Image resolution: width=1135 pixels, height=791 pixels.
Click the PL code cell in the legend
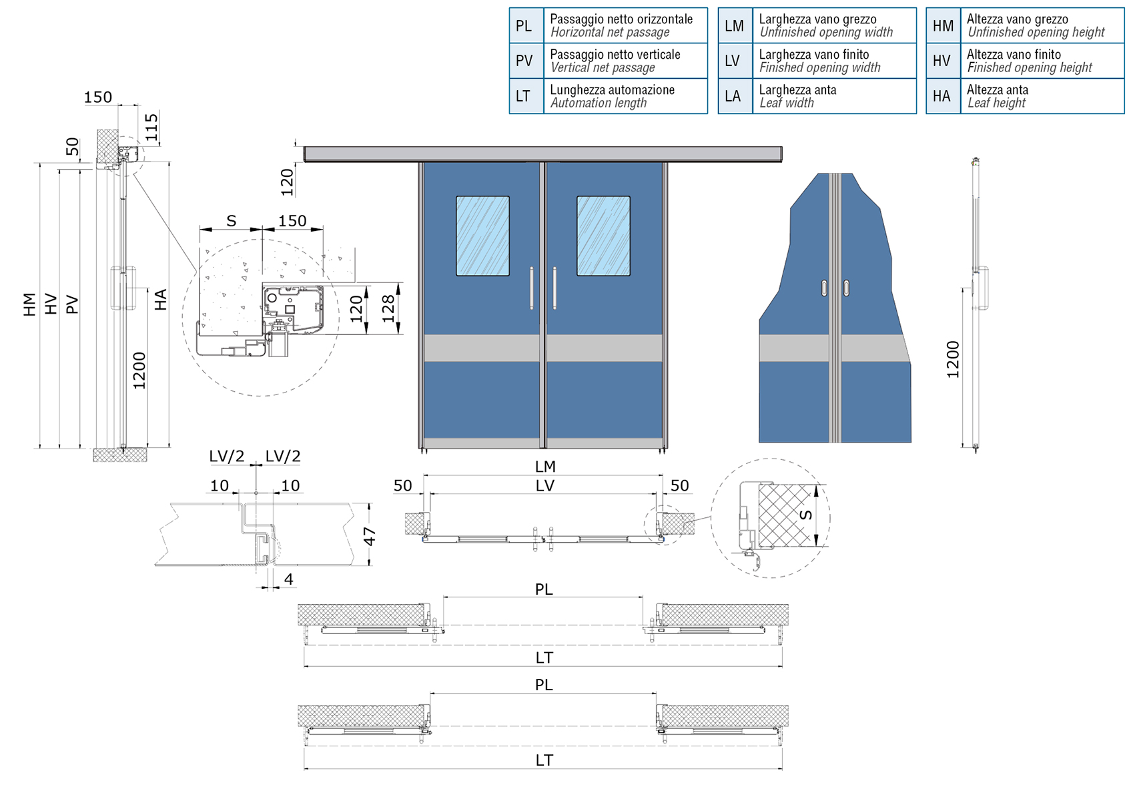tap(526, 25)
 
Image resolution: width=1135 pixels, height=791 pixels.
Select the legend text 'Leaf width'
tap(787, 103)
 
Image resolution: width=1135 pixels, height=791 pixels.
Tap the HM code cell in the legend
tap(943, 25)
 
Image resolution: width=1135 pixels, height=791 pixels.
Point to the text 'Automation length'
tap(599, 103)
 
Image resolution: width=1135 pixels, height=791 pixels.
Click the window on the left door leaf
tap(482, 236)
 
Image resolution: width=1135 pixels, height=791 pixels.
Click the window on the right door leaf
tap(603, 236)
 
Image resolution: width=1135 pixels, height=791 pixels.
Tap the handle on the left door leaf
tap(532, 288)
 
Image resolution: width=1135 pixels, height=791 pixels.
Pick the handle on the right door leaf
tap(555, 288)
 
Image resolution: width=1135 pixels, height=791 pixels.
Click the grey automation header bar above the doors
tap(542, 154)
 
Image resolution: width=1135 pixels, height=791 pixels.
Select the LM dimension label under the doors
tap(545, 467)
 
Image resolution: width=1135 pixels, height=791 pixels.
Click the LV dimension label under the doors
tap(545, 486)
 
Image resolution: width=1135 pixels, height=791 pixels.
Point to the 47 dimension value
tap(370, 536)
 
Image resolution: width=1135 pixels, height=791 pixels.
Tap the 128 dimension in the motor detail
tap(388, 309)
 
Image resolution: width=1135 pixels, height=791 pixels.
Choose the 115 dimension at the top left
tap(151, 127)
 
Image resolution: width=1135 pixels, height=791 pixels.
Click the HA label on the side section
tap(160, 300)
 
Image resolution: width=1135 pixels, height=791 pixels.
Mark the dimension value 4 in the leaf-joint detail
tap(289, 579)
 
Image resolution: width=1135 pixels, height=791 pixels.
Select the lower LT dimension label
tap(544, 760)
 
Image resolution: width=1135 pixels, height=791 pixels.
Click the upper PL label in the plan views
tap(544, 589)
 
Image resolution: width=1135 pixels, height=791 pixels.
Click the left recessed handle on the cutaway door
tap(825, 288)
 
